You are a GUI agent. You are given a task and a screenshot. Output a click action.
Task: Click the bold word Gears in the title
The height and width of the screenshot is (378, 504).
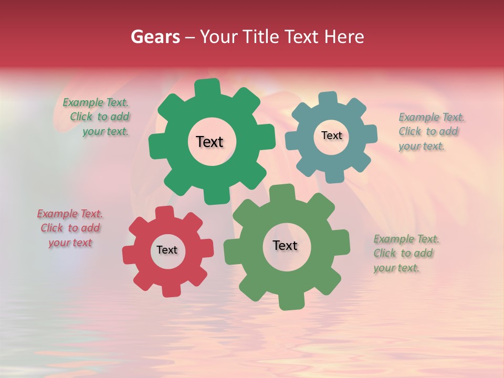pyautogui.click(x=155, y=37)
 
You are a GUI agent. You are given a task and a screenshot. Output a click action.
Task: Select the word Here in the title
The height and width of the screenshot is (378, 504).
pyautogui.click(x=344, y=37)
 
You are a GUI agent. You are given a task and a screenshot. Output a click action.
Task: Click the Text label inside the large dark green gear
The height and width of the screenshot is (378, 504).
pyautogui.click(x=209, y=142)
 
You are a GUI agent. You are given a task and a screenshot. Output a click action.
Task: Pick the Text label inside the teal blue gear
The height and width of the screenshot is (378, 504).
pyautogui.click(x=331, y=135)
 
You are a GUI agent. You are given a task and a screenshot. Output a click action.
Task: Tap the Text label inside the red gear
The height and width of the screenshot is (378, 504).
pyautogui.click(x=166, y=250)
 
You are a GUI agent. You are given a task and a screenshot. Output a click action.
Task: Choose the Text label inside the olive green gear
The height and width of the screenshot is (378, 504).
pyautogui.click(x=285, y=245)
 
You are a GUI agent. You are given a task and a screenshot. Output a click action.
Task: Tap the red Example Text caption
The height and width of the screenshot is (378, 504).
pyautogui.click(x=70, y=228)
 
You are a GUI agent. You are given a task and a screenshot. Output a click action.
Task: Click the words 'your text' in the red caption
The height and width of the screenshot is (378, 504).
pyautogui.click(x=70, y=243)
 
